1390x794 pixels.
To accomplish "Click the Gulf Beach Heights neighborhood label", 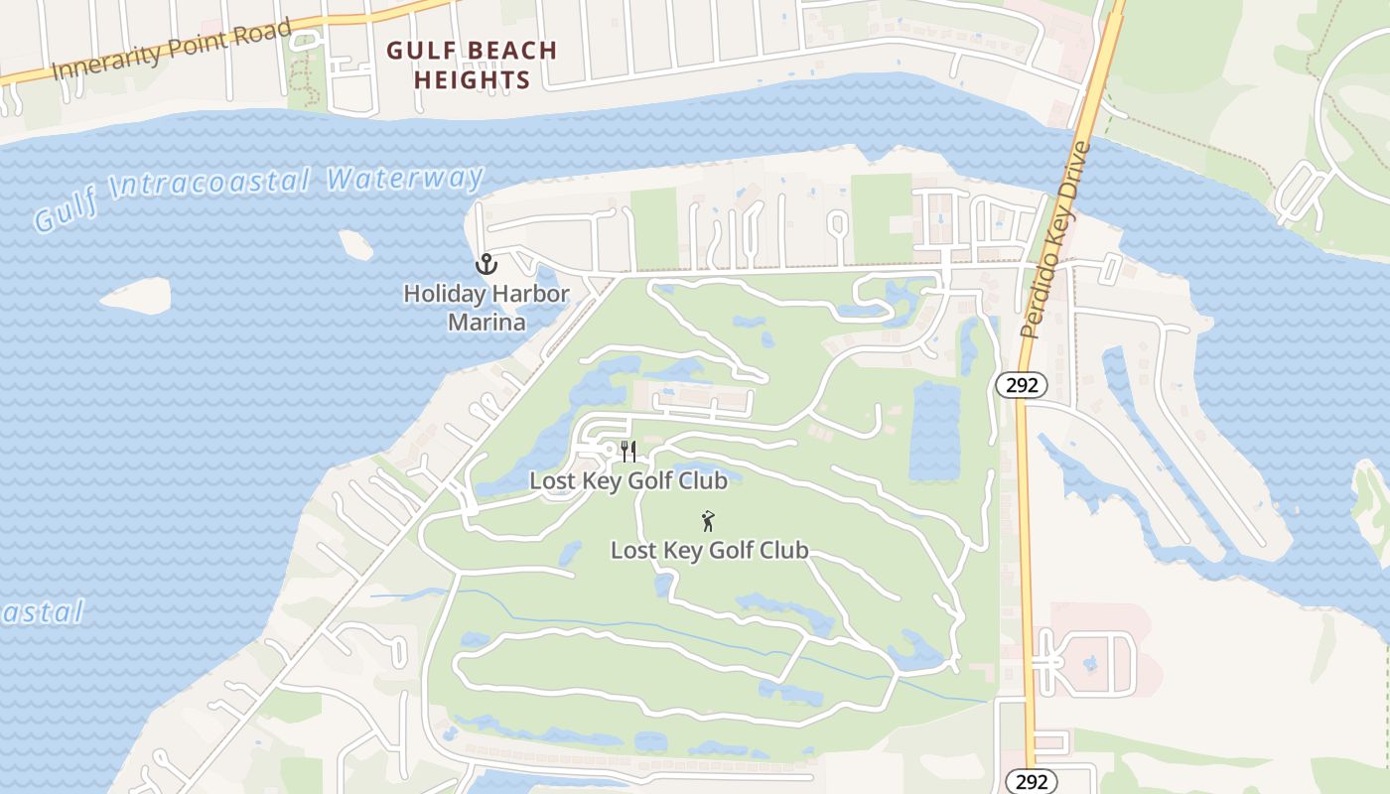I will pyautogui.click(x=472, y=64).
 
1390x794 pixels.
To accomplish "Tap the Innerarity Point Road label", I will pyautogui.click(x=172, y=50).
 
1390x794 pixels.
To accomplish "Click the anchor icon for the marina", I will pyautogui.click(x=486, y=264).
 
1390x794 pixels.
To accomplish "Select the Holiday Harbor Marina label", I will pyautogui.click(x=486, y=308).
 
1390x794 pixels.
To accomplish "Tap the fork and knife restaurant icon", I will pyautogui.click(x=627, y=452).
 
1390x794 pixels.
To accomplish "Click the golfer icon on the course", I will pyautogui.click(x=708, y=521).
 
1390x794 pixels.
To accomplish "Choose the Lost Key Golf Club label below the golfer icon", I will pyautogui.click(x=709, y=550).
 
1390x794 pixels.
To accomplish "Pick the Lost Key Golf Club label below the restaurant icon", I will pyautogui.click(x=627, y=481).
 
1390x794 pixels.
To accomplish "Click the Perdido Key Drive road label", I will pyautogui.click(x=1055, y=240).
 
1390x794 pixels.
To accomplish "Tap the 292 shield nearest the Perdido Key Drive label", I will pyautogui.click(x=1021, y=385).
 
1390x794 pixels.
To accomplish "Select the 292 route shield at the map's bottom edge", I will pyautogui.click(x=1032, y=781).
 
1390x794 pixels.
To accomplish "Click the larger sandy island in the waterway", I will pyautogui.click(x=135, y=295).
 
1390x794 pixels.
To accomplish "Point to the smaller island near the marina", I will pyautogui.click(x=355, y=244).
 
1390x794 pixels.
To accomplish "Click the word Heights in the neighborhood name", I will pyautogui.click(x=472, y=79).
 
